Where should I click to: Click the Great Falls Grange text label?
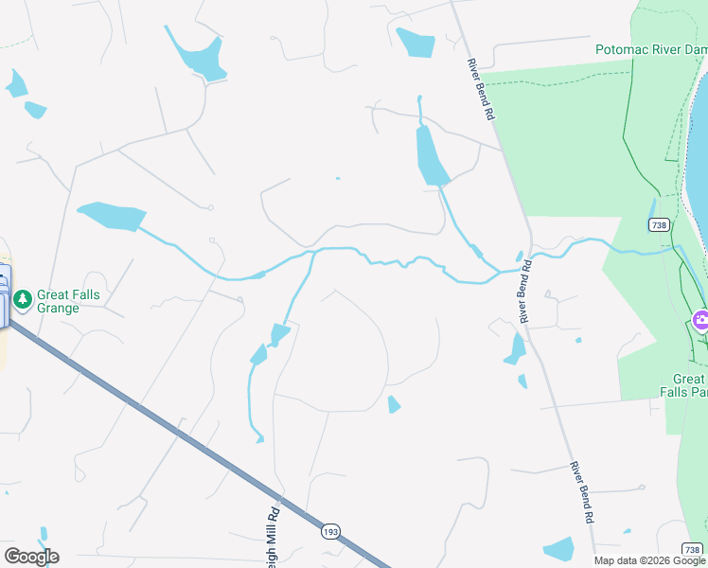[68, 301]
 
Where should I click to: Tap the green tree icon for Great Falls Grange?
[23, 300]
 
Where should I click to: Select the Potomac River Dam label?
[650, 49]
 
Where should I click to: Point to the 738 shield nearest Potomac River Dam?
[660, 224]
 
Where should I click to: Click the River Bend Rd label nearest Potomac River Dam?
[481, 89]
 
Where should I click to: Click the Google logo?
[31, 556]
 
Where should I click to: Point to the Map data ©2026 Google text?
[649, 560]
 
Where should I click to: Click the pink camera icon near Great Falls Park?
[700, 319]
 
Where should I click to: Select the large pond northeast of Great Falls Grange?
[112, 216]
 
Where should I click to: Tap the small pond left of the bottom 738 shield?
[559, 548]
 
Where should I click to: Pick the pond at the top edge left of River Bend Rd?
[416, 42]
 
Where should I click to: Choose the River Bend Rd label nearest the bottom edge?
[581, 492]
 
